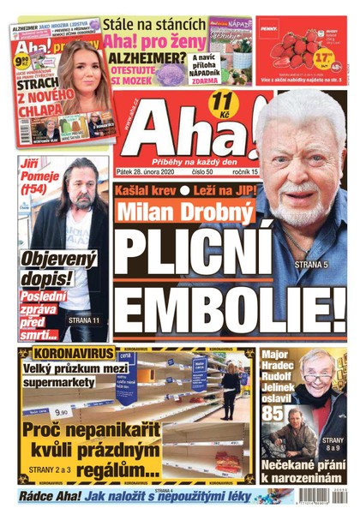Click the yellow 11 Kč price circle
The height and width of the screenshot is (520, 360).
pos(220,107)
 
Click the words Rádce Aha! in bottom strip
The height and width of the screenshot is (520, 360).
pos(49,498)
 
